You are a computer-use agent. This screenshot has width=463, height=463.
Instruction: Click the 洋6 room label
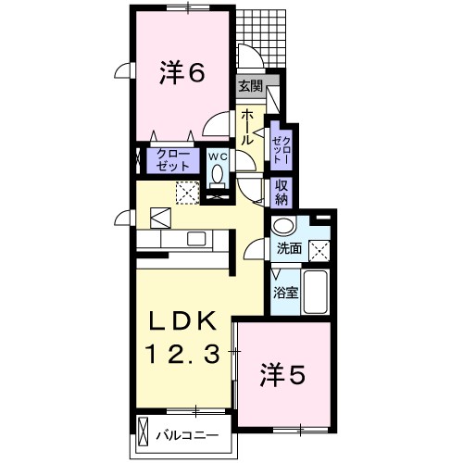[181, 73]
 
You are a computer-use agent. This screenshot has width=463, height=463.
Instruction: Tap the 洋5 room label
[282, 374]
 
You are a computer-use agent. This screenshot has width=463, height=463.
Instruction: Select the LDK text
[182, 320]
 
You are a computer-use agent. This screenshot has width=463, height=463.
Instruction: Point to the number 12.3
[182, 354]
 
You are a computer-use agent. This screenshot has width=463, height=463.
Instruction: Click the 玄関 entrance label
[250, 86]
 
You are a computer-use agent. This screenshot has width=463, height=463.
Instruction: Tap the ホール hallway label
[247, 127]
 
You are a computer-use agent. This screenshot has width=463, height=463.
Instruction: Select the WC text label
[218, 156]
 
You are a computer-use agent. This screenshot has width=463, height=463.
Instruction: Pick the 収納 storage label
[282, 193]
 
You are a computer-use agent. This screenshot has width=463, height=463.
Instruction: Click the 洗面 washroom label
[289, 249]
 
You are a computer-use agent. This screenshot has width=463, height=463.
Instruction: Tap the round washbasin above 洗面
[283, 226]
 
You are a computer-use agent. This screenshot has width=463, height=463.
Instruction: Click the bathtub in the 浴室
[315, 292]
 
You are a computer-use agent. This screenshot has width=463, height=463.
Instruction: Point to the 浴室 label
[286, 293]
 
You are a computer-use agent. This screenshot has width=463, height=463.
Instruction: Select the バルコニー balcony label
[187, 436]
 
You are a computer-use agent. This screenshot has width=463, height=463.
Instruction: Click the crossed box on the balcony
[143, 432]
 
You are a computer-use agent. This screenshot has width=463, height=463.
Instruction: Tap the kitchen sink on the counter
[196, 239]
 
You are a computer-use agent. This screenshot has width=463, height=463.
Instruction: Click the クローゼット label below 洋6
[173, 160]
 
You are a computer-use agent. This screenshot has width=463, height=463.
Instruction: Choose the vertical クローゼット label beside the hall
[282, 150]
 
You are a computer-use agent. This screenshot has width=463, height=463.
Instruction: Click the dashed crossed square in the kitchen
[188, 193]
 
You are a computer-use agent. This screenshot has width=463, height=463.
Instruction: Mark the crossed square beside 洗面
[319, 250]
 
